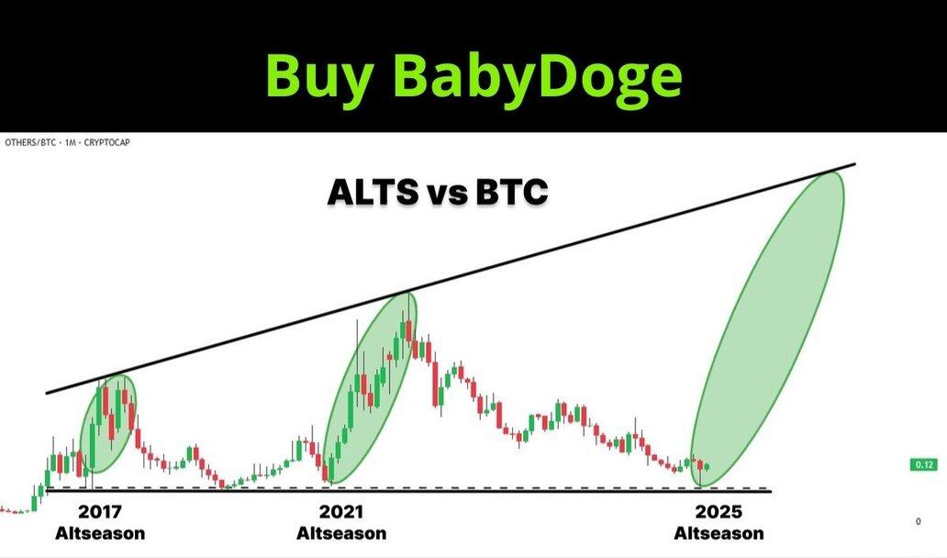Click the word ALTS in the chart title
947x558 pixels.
pyautogui.click(x=373, y=193)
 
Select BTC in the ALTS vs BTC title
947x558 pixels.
pyautogui.click(x=511, y=193)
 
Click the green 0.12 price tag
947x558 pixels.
pyautogui.click(x=924, y=465)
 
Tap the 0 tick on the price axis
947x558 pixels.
pyautogui.click(x=919, y=521)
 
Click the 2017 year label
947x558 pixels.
pyautogui.click(x=100, y=512)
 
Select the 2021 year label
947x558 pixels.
pyautogui.click(x=341, y=512)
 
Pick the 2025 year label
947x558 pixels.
pyautogui.click(x=719, y=512)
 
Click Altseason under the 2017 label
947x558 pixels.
pyautogui.click(x=100, y=533)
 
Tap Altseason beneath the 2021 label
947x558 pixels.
pyautogui.click(x=341, y=533)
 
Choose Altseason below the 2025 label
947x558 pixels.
pyautogui.click(x=719, y=533)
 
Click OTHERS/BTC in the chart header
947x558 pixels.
pyautogui.click(x=30, y=142)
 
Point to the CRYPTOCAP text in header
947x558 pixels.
pyautogui.click(x=106, y=142)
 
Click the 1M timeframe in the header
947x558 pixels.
pyautogui.click(x=70, y=142)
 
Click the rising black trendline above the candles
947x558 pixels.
pyautogui.click(x=451, y=278)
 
